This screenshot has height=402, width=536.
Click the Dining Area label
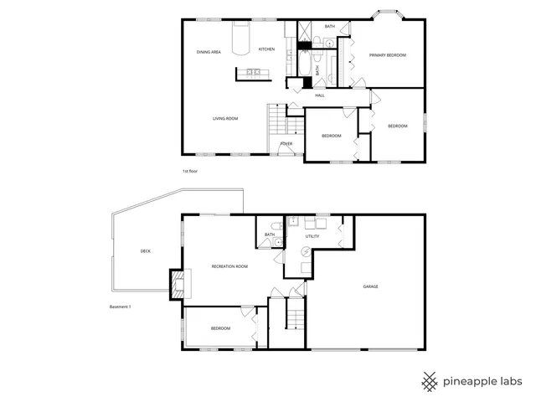(x=209, y=52)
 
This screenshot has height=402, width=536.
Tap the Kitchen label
(x=266, y=49)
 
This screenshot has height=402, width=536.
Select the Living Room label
(x=225, y=119)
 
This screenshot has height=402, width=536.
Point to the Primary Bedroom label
(x=388, y=55)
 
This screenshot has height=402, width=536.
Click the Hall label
(x=320, y=95)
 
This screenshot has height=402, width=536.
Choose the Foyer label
(x=286, y=143)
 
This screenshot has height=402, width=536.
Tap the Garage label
(x=370, y=286)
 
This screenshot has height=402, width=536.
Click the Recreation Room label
(x=229, y=266)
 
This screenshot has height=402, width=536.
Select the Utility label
(x=312, y=237)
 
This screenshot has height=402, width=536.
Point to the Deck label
(x=145, y=250)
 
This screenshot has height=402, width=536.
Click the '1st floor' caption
(x=189, y=171)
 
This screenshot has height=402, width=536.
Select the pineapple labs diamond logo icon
(x=430, y=381)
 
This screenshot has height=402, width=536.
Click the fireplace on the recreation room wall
(x=178, y=282)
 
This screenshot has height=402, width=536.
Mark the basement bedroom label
(x=220, y=328)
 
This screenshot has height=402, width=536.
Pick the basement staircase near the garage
(x=294, y=319)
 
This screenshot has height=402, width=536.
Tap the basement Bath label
(x=270, y=234)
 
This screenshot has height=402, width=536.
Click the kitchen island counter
(x=250, y=74)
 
